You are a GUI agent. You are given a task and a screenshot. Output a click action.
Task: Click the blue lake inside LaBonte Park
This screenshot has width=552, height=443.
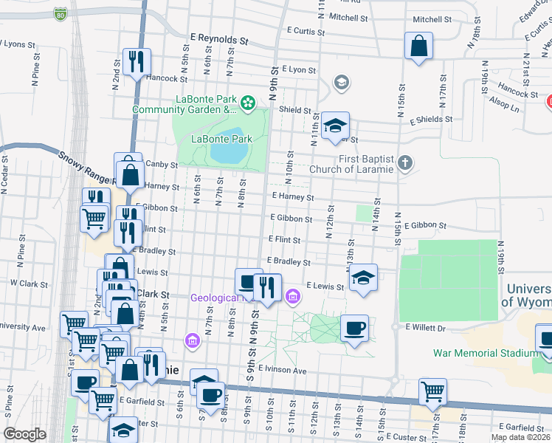point(229,153)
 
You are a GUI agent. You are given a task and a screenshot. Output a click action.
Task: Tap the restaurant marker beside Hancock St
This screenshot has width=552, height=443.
point(136,62)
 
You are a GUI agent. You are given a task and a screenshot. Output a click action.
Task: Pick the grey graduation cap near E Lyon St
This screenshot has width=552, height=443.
point(340,81)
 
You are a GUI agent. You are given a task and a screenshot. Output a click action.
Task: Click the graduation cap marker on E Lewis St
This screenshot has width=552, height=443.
point(362,278)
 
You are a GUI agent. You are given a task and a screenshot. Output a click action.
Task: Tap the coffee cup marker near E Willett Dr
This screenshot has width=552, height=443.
point(354,327)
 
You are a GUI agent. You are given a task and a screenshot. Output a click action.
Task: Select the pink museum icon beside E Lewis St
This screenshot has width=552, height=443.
point(293,297)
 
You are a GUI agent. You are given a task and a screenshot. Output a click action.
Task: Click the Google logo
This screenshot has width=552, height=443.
point(24,434)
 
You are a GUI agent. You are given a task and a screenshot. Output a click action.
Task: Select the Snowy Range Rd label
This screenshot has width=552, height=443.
point(87,168)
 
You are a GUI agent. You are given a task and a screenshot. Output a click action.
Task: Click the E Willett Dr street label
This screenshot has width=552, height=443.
point(426,326)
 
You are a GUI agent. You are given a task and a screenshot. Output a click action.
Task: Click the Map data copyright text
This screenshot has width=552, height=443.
point(520,436)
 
